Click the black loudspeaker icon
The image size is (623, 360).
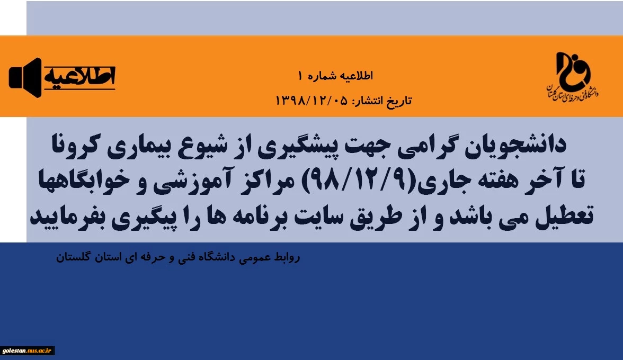[x=25, y=78]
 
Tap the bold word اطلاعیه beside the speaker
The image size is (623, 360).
[x=79, y=76]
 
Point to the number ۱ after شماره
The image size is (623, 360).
[x=301, y=75]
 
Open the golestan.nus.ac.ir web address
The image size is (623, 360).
[x=27, y=350]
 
